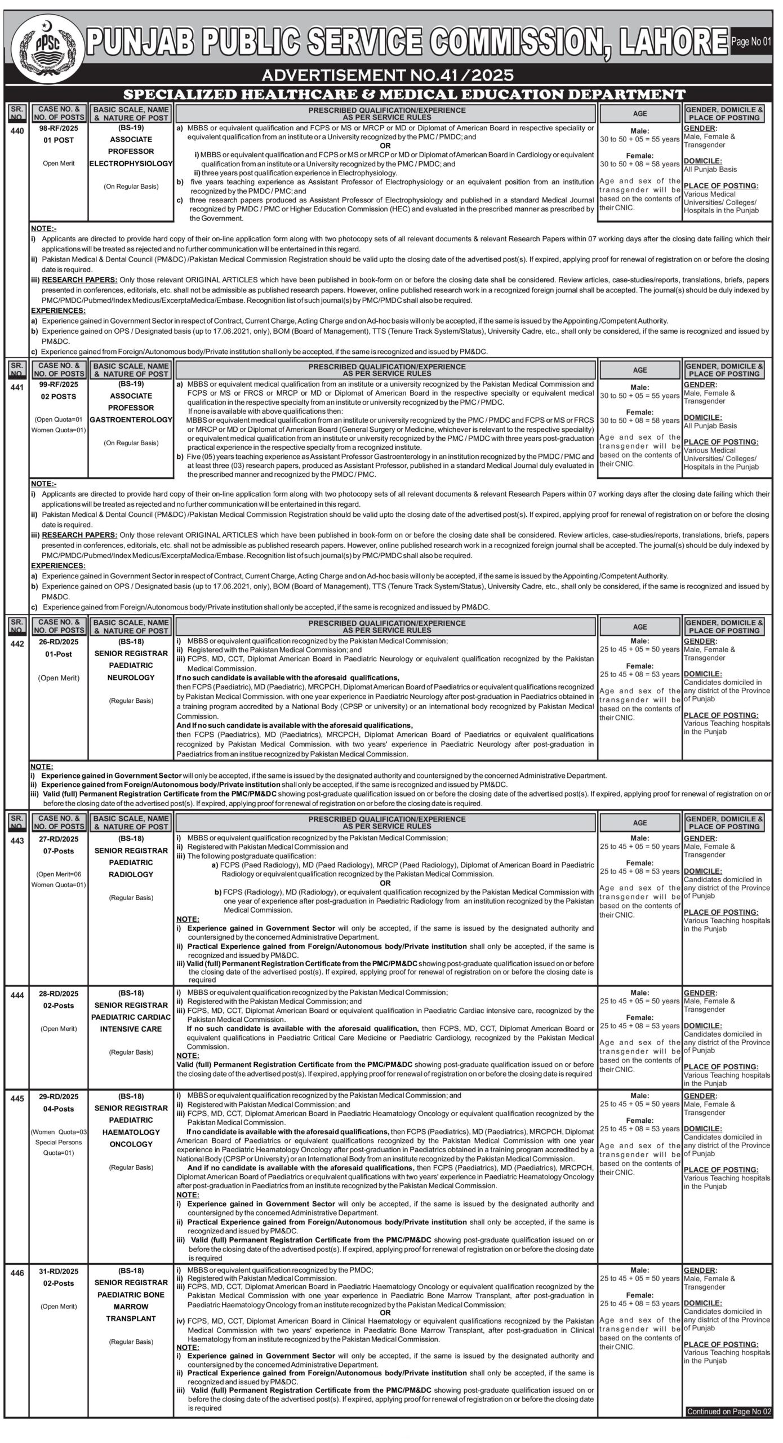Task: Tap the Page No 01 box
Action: (751, 42)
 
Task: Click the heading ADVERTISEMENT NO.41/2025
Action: (388, 75)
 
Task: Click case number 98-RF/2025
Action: (59, 128)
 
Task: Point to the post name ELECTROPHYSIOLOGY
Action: (131, 163)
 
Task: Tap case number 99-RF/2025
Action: (59, 384)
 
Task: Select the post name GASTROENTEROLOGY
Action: (131, 420)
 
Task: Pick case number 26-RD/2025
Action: (59, 641)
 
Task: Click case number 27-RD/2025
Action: (59, 838)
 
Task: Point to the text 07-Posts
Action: (59, 851)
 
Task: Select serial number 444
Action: (17, 995)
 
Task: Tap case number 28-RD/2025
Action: (59, 993)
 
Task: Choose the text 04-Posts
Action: (59, 1108)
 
